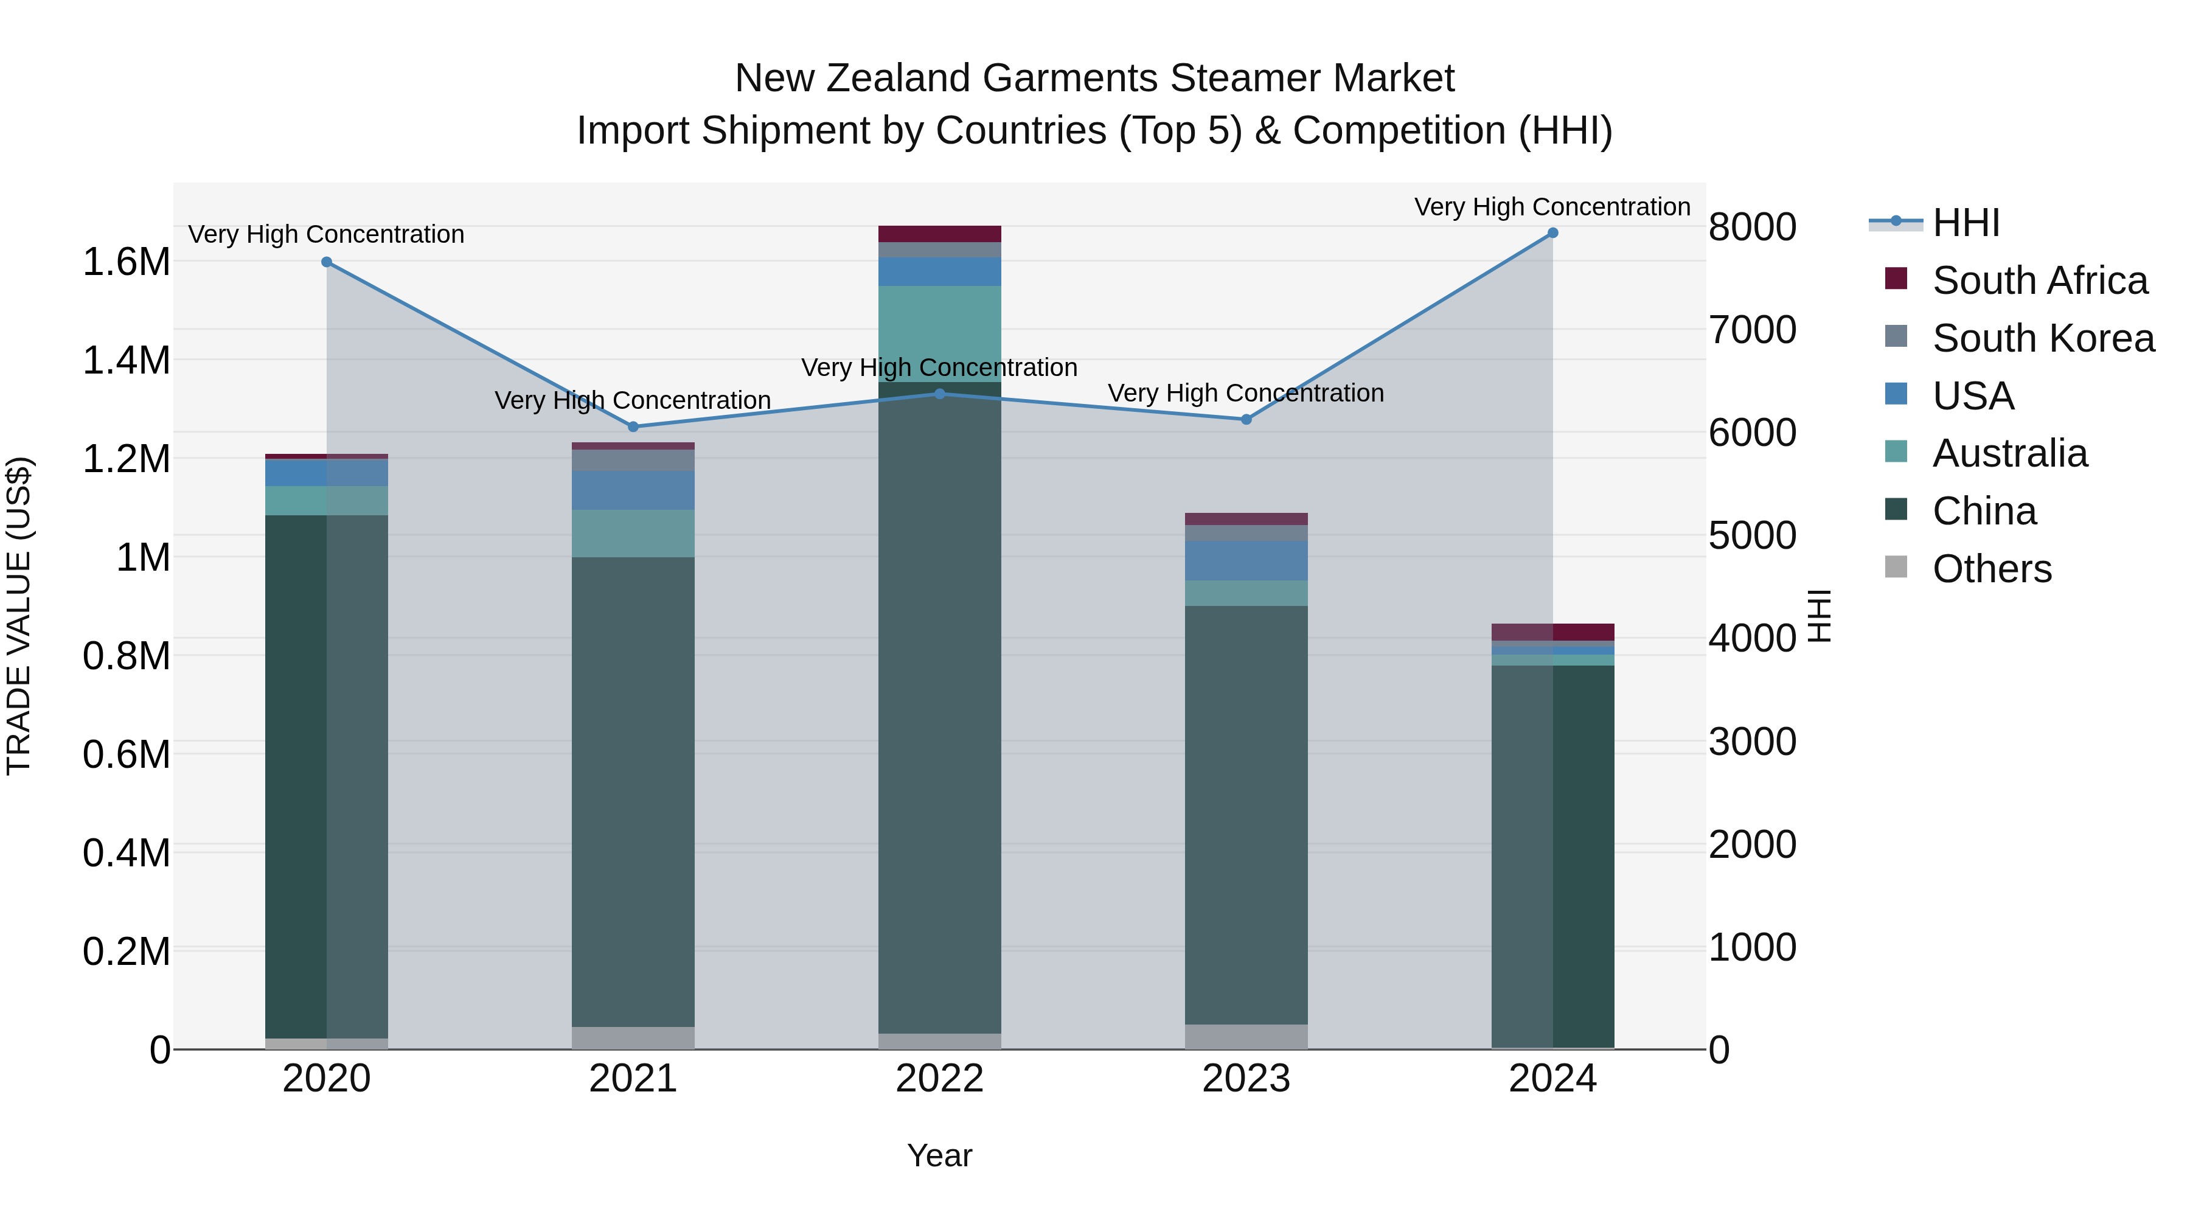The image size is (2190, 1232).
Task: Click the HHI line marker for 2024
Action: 1552,233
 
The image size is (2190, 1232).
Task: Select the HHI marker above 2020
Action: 327,262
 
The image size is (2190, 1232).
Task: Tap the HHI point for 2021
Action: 633,427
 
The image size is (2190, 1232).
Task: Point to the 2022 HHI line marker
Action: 939,394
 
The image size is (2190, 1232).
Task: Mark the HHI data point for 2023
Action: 1246,419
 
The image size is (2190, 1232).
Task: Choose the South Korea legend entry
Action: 2043,338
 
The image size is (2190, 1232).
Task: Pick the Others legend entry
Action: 1992,569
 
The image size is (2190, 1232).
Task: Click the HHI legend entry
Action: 1966,223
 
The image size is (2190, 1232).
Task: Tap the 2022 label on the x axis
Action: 939,1079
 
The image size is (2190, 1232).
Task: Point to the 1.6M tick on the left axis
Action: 126,262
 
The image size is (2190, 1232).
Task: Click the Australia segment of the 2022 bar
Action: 939,333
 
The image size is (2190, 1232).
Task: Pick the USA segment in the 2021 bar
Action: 633,490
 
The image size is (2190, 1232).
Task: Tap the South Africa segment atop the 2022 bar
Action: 939,234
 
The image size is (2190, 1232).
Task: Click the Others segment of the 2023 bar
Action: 1246,1037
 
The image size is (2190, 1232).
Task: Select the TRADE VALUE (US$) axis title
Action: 19,616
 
